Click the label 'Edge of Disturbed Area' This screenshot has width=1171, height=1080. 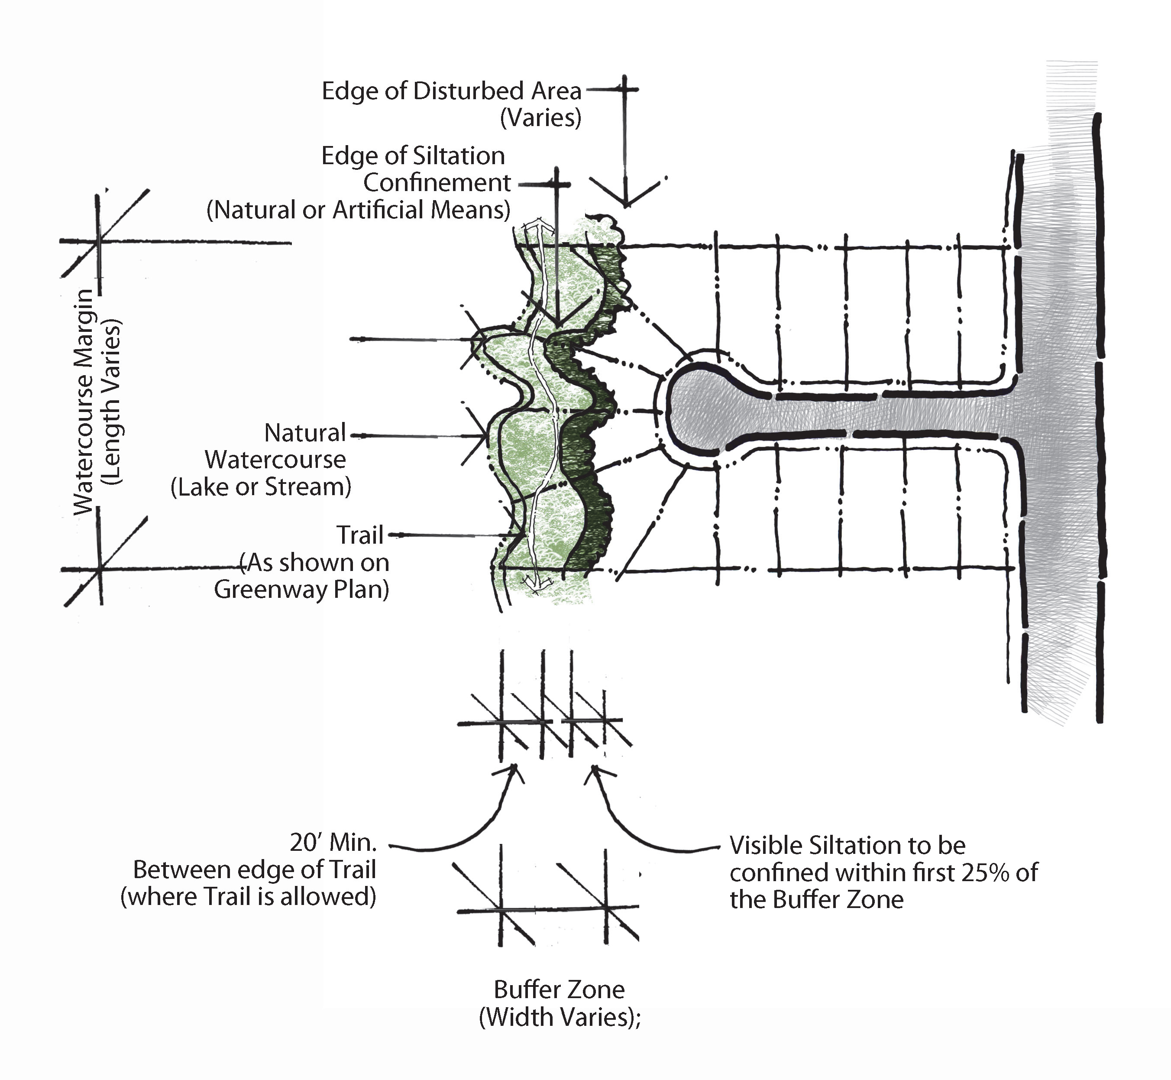(x=452, y=91)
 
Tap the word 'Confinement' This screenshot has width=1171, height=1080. (x=437, y=183)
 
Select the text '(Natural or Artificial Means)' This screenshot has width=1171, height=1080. (x=359, y=210)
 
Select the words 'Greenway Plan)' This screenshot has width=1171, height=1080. (x=301, y=589)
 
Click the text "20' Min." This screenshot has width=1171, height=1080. (x=333, y=842)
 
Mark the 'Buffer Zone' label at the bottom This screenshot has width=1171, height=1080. (x=559, y=990)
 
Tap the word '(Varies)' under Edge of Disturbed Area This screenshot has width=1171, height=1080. (x=540, y=118)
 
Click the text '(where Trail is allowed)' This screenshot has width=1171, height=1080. (x=248, y=896)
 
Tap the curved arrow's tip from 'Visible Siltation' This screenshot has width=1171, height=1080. (x=594, y=767)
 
